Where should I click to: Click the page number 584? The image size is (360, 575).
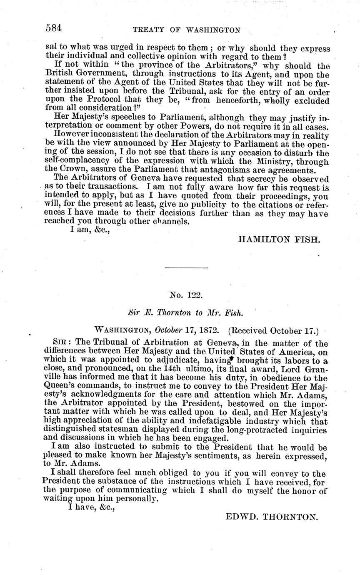click(x=54, y=28)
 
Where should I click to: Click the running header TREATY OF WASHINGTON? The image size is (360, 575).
click(x=186, y=30)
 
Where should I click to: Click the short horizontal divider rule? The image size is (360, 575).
click(x=186, y=267)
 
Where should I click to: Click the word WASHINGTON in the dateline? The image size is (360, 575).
click(x=122, y=331)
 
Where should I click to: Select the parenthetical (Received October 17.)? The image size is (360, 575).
click(x=273, y=331)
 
